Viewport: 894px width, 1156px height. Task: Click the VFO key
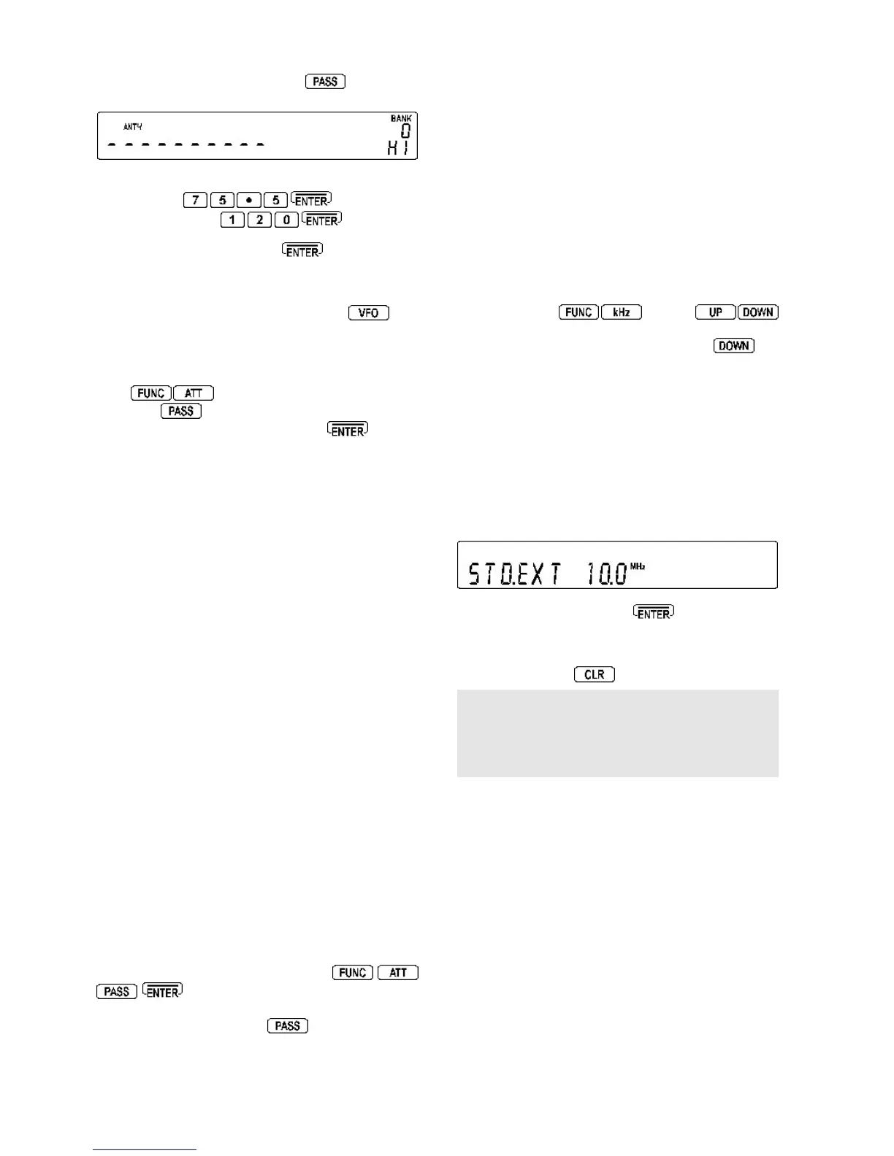coord(369,313)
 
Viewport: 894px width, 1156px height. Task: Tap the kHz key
coord(621,312)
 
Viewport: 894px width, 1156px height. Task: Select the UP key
coord(716,312)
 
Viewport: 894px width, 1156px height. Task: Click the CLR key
coord(595,674)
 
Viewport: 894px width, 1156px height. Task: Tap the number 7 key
coord(195,200)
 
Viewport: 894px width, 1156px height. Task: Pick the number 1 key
coord(232,220)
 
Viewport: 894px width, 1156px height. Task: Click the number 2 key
coord(259,220)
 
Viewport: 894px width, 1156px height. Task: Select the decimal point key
coord(249,200)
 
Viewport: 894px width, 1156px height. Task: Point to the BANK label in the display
coord(401,118)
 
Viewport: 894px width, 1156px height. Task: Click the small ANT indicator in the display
coord(132,127)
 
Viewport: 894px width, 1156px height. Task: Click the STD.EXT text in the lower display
coord(514,574)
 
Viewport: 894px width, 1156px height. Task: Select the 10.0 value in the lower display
coord(607,574)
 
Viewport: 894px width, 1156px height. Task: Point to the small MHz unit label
coord(638,566)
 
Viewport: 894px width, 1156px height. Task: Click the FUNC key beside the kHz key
coord(578,312)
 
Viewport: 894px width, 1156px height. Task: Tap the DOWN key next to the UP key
coord(758,312)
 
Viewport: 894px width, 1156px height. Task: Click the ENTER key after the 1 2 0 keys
coord(321,220)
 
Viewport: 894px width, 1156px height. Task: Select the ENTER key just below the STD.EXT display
coord(654,613)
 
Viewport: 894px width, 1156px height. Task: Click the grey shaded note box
coord(617,733)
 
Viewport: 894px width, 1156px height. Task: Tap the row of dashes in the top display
coord(186,144)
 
